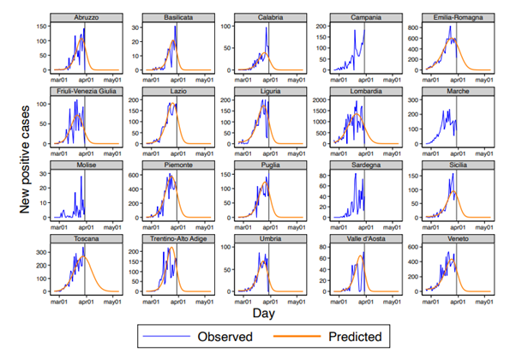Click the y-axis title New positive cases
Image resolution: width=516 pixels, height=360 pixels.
tap(27, 154)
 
